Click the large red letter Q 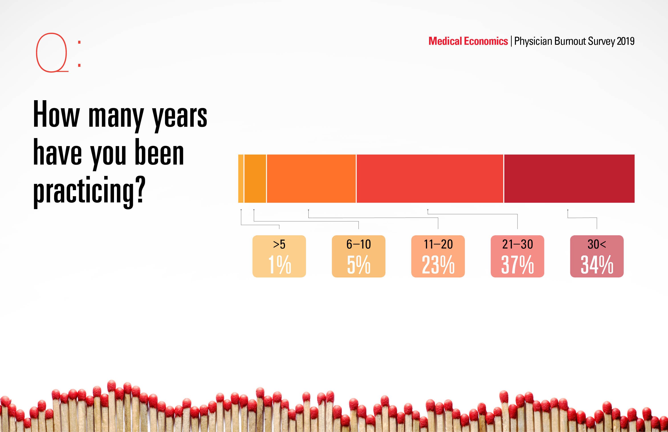(x=52, y=53)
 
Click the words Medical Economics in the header (x=468, y=41)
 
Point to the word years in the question (x=179, y=116)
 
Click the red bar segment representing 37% (x=430, y=178)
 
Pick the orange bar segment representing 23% (x=311, y=178)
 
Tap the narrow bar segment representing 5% (x=255, y=178)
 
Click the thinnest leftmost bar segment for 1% (x=241, y=178)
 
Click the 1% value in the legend (x=279, y=264)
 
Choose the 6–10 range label (x=358, y=244)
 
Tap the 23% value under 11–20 (x=438, y=264)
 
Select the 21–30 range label (x=517, y=244)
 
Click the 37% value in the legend (x=517, y=264)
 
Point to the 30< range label (x=597, y=244)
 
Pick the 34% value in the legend (x=597, y=264)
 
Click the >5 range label (x=279, y=244)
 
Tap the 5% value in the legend (x=358, y=264)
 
